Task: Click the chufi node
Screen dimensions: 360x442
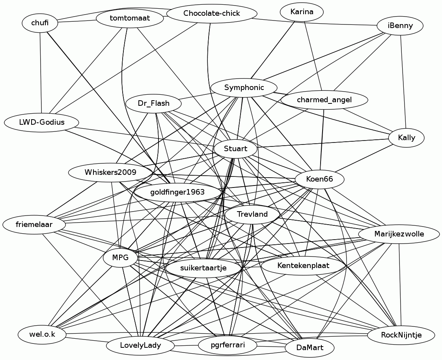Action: (x=40, y=23)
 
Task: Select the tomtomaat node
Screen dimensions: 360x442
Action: (x=130, y=18)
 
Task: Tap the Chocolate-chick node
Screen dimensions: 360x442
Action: (x=211, y=14)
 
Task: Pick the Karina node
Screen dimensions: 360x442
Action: (x=302, y=12)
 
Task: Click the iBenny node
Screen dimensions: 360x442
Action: (x=400, y=26)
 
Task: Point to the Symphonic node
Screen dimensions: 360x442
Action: (x=244, y=88)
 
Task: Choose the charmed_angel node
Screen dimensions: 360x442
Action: (x=324, y=100)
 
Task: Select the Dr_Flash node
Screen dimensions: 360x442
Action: (x=153, y=104)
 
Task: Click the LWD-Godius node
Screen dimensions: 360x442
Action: (x=41, y=122)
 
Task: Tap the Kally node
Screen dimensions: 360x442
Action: (x=407, y=138)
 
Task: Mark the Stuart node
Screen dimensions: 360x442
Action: (x=235, y=149)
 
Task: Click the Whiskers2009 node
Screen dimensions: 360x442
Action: (x=110, y=172)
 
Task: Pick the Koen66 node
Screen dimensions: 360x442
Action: (x=319, y=180)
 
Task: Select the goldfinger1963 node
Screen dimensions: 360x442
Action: (x=177, y=193)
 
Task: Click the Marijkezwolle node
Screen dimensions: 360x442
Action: (x=399, y=234)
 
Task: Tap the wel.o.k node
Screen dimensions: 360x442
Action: (x=42, y=335)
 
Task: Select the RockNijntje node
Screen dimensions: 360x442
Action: (x=401, y=336)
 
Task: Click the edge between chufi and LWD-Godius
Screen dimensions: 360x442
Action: (x=41, y=71)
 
